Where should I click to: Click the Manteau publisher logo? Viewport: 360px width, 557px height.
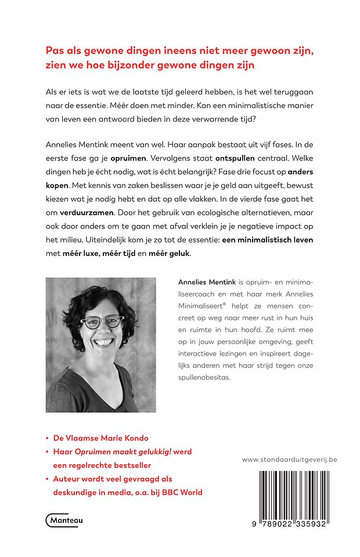pyautogui.click(x=64, y=520)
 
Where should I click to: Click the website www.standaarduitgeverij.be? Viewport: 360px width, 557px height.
pyautogui.click(x=289, y=460)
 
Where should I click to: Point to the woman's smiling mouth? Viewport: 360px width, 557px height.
pyautogui.click(x=103, y=343)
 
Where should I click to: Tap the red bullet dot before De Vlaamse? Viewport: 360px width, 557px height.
pyautogui.click(x=47, y=439)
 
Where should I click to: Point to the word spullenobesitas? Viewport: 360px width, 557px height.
pyautogui.click(x=204, y=377)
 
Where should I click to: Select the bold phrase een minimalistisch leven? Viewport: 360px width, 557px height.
pyautogui.click(x=259, y=240)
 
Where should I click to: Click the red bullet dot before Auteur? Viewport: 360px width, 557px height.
pyautogui.click(x=47, y=479)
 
